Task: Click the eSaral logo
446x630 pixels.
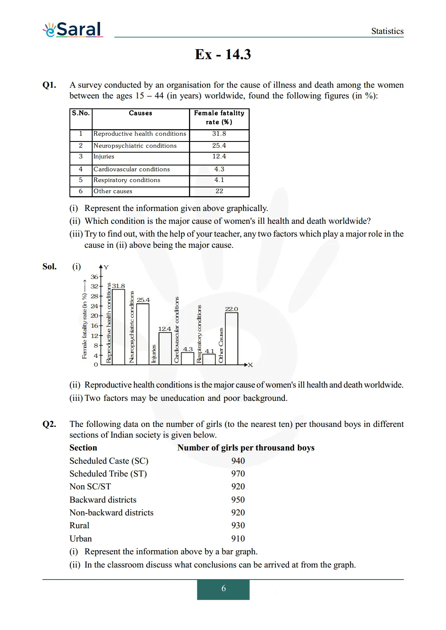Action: (73, 29)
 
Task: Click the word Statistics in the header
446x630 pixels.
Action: (387, 31)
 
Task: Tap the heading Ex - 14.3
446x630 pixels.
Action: (223, 54)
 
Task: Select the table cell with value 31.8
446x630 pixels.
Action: (219, 134)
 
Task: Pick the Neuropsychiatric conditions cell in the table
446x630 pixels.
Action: (135, 146)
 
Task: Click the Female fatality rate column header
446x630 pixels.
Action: (219, 117)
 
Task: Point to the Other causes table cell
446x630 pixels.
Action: (113, 191)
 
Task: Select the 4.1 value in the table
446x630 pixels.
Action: (219, 180)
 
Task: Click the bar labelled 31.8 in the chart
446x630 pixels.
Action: (119, 327)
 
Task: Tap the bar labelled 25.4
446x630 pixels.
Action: (143, 334)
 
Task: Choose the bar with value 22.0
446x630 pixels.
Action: (231, 338)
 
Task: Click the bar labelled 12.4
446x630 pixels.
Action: (165, 348)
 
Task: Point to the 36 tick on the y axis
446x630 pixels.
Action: (95, 277)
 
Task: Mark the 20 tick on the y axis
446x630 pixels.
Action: (95, 316)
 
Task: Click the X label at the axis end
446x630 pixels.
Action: (250, 365)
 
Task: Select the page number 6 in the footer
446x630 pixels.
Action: (223, 588)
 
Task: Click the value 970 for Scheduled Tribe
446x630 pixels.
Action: (238, 474)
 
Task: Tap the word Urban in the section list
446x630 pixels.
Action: (81, 539)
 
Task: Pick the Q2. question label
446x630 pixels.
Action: (49, 424)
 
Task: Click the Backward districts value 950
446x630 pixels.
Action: (238, 500)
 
